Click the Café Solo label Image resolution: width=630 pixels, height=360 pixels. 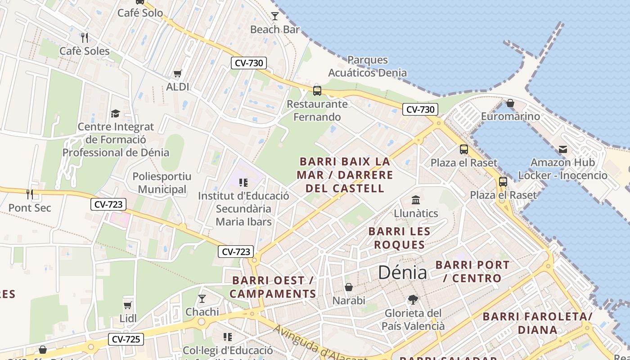(x=140, y=13)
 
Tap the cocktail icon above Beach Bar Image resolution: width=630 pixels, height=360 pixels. (x=275, y=16)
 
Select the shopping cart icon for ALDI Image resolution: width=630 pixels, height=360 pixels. (x=178, y=73)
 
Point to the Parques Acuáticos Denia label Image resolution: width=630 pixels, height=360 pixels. (x=367, y=66)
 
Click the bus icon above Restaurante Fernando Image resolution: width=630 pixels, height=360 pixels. (x=317, y=90)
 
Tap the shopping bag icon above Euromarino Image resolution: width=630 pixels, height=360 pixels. (x=510, y=103)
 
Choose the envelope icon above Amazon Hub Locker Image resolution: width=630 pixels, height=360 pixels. (x=562, y=149)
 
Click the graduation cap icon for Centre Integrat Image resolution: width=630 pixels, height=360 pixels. (x=116, y=113)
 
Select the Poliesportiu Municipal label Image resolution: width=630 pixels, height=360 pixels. (x=162, y=183)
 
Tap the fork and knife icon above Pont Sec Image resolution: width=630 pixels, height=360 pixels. (x=30, y=194)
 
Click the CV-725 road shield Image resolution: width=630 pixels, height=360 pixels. (x=126, y=339)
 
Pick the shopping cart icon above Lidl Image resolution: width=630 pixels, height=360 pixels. (x=128, y=306)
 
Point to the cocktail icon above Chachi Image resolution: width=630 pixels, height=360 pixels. (x=202, y=298)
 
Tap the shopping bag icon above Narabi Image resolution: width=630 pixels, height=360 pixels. (x=349, y=287)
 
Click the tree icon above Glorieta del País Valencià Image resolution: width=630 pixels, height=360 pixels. (x=413, y=299)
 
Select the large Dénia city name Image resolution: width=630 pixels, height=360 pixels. (x=403, y=272)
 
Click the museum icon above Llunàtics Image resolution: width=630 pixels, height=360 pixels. (x=416, y=200)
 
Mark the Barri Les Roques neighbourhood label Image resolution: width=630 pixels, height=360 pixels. (x=399, y=238)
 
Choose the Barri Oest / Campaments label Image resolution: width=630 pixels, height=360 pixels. (x=273, y=287)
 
